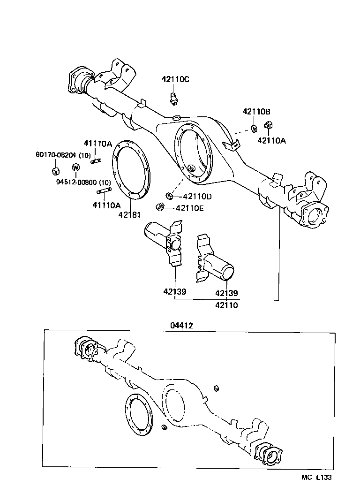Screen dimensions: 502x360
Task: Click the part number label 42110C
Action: (x=175, y=79)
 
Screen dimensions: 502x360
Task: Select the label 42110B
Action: (x=256, y=112)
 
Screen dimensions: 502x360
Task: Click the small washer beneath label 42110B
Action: (x=254, y=128)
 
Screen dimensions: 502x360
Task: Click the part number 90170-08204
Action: (x=57, y=155)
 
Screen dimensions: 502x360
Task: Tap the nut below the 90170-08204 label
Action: (x=55, y=170)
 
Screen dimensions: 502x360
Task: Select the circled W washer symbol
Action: (x=76, y=167)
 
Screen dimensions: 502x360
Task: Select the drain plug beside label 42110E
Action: (x=160, y=206)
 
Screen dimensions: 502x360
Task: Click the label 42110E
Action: (x=189, y=208)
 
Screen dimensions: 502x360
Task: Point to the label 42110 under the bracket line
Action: (x=226, y=305)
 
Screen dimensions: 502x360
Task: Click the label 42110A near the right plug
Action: (x=270, y=140)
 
